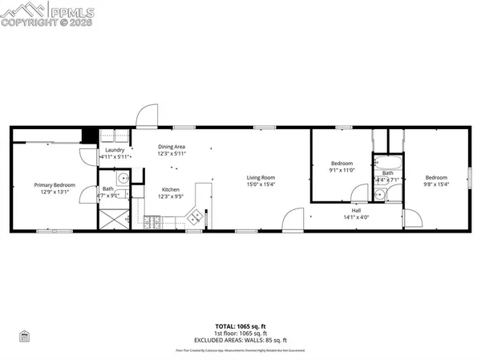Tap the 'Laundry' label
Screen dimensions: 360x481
114,151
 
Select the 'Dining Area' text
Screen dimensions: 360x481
172,147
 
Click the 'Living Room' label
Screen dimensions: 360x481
261,177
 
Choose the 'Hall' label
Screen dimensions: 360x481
355,210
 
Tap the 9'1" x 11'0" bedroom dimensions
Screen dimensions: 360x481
342,169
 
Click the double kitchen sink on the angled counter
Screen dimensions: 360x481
193,215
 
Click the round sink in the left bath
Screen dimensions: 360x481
121,180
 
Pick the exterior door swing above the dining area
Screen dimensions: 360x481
146,118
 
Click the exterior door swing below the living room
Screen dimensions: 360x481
294,220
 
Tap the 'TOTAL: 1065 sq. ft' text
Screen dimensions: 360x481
240,326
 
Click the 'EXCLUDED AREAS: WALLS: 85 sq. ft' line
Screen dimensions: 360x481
240,338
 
